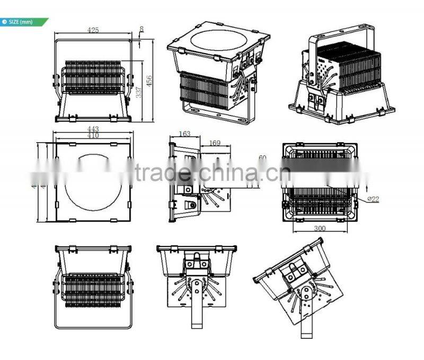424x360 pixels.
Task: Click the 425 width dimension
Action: (x=93, y=31)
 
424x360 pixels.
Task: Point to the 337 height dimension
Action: (x=139, y=93)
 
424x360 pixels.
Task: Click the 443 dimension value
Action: (x=93, y=129)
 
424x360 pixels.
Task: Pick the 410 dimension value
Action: (x=93, y=135)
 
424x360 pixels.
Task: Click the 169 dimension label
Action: (x=215, y=142)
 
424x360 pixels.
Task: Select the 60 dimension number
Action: (x=262, y=157)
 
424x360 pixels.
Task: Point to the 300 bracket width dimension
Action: (x=319, y=229)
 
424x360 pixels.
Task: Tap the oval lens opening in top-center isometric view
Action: (x=218, y=42)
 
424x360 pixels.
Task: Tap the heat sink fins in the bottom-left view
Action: (x=93, y=289)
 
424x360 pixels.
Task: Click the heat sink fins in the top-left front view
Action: (x=93, y=77)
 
